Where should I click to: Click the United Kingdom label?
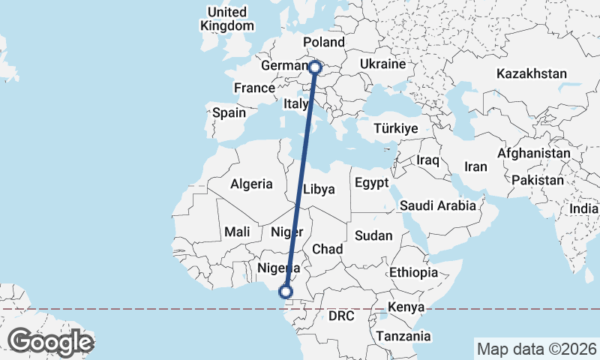227,19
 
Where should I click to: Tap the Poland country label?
323,42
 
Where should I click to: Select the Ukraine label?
382,64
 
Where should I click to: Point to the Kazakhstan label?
531,73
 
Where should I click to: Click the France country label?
254,88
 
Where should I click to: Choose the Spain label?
229,112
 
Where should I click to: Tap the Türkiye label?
395,129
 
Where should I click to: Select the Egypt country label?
371,183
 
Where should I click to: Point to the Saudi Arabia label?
438,205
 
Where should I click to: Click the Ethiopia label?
413,273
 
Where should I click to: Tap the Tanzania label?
404,336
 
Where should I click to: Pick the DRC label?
340,316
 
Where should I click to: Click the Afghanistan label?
534,153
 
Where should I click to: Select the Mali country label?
236,232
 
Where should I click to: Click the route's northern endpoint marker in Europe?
315,67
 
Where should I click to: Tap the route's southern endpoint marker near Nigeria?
286,292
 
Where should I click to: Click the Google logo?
50,342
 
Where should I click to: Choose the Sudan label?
373,235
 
